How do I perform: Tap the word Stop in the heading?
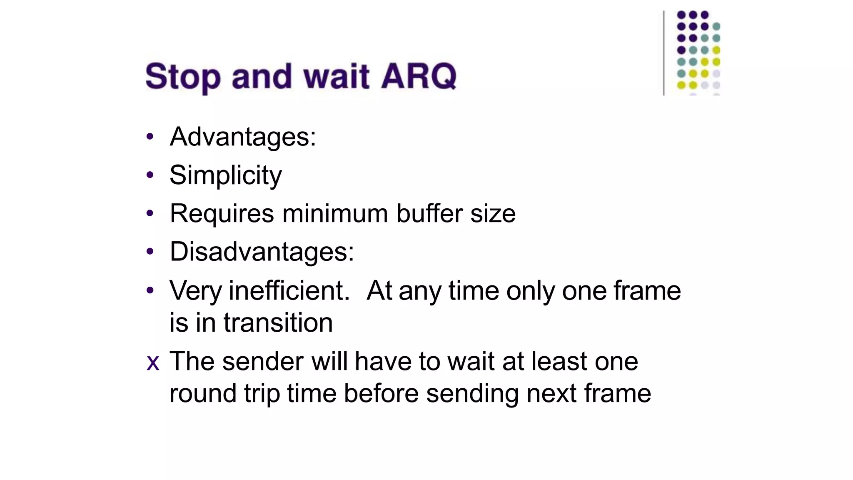point(183,77)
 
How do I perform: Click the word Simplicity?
point(225,175)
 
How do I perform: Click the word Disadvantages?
point(262,252)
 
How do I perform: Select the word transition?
point(278,322)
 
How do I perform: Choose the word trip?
point(262,393)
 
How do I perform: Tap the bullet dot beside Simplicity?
point(150,175)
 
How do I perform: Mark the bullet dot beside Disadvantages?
point(150,252)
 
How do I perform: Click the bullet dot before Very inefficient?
point(150,290)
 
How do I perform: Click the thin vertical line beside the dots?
point(663,53)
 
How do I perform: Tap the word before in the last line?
point(381,393)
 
